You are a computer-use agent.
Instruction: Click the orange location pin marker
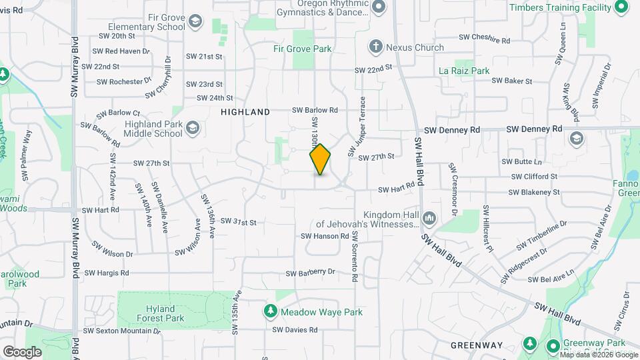pos(321,159)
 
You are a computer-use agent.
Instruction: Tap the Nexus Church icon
pos(376,47)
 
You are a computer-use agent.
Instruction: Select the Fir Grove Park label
pos(302,49)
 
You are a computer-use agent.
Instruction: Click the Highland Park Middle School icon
pos(192,127)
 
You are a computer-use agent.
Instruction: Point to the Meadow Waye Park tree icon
pos(270,311)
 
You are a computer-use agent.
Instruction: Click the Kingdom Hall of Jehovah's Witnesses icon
pos(429,219)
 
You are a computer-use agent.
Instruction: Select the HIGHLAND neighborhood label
pos(245,112)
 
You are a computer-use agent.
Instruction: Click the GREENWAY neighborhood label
pos(476,345)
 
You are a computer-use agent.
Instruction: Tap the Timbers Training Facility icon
pos(620,7)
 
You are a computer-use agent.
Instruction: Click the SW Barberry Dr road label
pos(310,273)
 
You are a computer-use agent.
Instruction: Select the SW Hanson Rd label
pos(325,235)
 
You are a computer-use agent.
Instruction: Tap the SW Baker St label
pos(511,81)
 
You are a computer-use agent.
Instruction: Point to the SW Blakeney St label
pos(533,192)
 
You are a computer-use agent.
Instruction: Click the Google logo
pos(23,351)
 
